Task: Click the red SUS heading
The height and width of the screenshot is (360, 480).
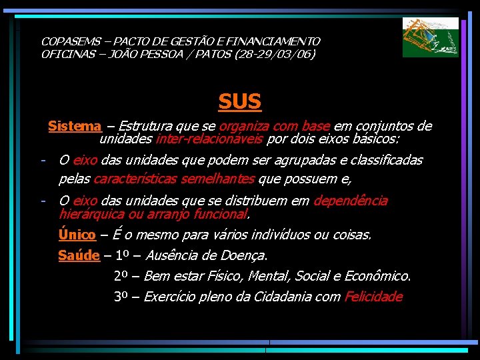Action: coord(240,101)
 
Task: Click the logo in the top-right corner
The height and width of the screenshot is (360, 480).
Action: coord(430,37)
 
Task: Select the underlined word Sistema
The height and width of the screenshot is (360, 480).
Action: coord(75,126)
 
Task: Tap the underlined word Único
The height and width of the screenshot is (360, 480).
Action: coord(77,235)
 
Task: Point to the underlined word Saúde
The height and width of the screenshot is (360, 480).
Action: coord(79,255)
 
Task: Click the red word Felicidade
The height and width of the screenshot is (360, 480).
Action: coord(373,297)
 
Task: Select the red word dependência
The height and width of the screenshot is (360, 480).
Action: coord(351,201)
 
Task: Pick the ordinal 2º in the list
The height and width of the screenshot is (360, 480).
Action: coord(121,276)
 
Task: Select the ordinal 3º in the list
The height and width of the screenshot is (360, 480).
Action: coord(121,297)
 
